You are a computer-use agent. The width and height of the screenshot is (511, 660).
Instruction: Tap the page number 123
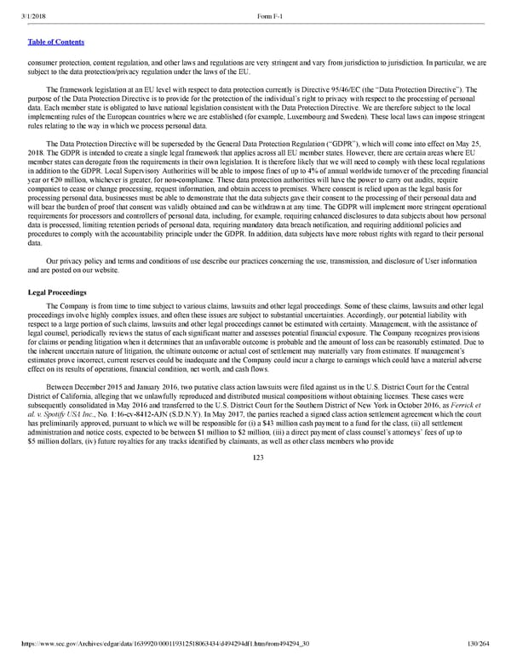click(258, 458)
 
